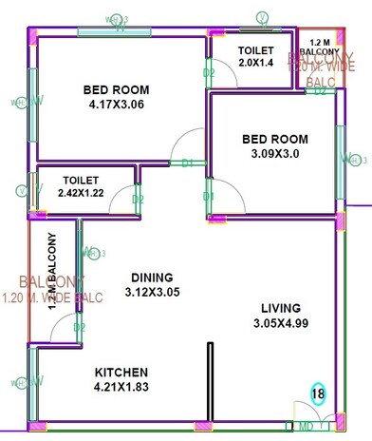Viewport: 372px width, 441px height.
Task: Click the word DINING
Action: pyautogui.click(x=152, y=278)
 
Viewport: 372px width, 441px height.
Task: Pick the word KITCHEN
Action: pyautogui.click(x=121, y=372)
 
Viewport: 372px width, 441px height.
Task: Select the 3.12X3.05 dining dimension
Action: pyautogui.click(x=152, y=294)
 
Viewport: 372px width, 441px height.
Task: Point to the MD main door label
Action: pyautogui.click(x=306, y=428)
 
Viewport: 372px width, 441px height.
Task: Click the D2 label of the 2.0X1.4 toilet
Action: pyautogui.click(x=209, y=72)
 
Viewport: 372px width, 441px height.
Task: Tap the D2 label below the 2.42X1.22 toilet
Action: pyautogui.click(x=138, y=200)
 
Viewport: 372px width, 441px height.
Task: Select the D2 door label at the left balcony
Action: pyautogui.click(x=80, y=327)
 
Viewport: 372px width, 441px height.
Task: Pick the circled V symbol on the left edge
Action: pyautogui.click(x=21, y=190)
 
